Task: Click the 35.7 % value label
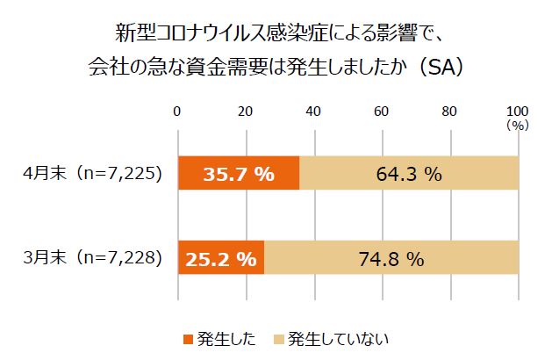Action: (x=240, y=174)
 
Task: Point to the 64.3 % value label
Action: (x=409, y=174)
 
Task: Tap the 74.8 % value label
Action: (x=392, y=259)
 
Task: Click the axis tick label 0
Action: (x=178, y=111)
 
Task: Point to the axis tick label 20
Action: (x=246, y=111)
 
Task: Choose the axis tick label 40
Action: (x=313, y=111)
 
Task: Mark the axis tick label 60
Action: (x=382, y=111)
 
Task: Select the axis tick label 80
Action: (x=449, y=111)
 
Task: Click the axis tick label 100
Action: (x=518, y=111)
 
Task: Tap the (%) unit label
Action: (x=517, y=126)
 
